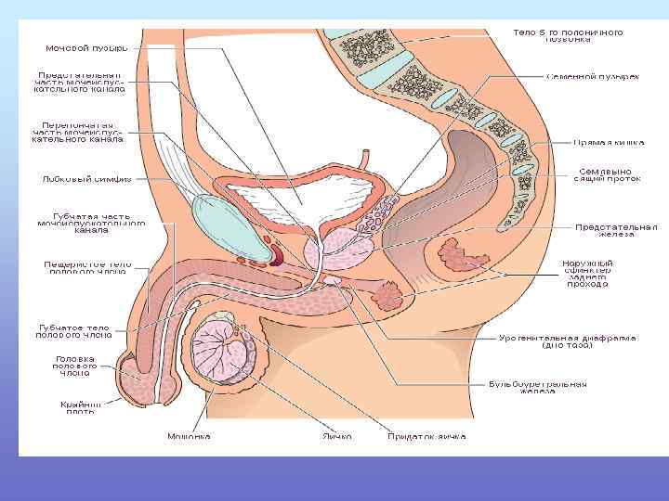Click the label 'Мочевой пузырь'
click(x=86, y=48)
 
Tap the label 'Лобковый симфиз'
click(x=85, y=178)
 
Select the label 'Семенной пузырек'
click(x=592, y=75)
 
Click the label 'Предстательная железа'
click(x=615, y=230)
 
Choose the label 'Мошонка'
click(x=189, y=435)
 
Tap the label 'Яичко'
click(x=337, y=435)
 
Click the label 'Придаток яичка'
click(x=427, y=435)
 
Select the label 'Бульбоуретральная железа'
click(x=538, y=387)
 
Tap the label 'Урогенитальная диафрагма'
click(x=568, y=341)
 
